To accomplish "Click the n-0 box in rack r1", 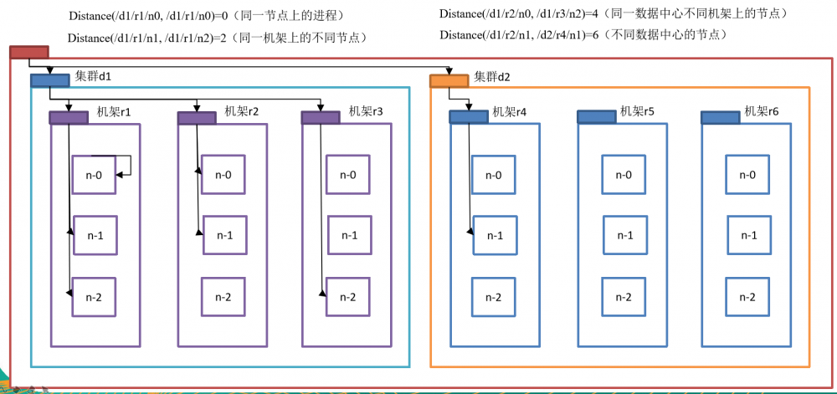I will tap(94, 175).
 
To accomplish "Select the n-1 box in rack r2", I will tap(223, 236).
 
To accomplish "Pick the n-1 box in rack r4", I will tap(495, 236).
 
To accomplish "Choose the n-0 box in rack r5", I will tap(624, 175).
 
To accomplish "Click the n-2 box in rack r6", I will tap(748, 297).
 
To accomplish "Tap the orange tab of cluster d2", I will tap(449, 81).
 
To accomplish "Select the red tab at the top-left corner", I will tap(29, 52).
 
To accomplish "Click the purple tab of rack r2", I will tap(197, 118).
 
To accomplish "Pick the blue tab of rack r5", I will tap(596, 117).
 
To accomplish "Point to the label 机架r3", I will tap(366, 110).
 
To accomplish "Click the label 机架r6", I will tap(762, 110).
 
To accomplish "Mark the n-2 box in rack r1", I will tap(94, 297).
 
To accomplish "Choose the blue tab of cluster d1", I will tap(49, 81).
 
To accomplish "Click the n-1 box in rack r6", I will tap(748, 236).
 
